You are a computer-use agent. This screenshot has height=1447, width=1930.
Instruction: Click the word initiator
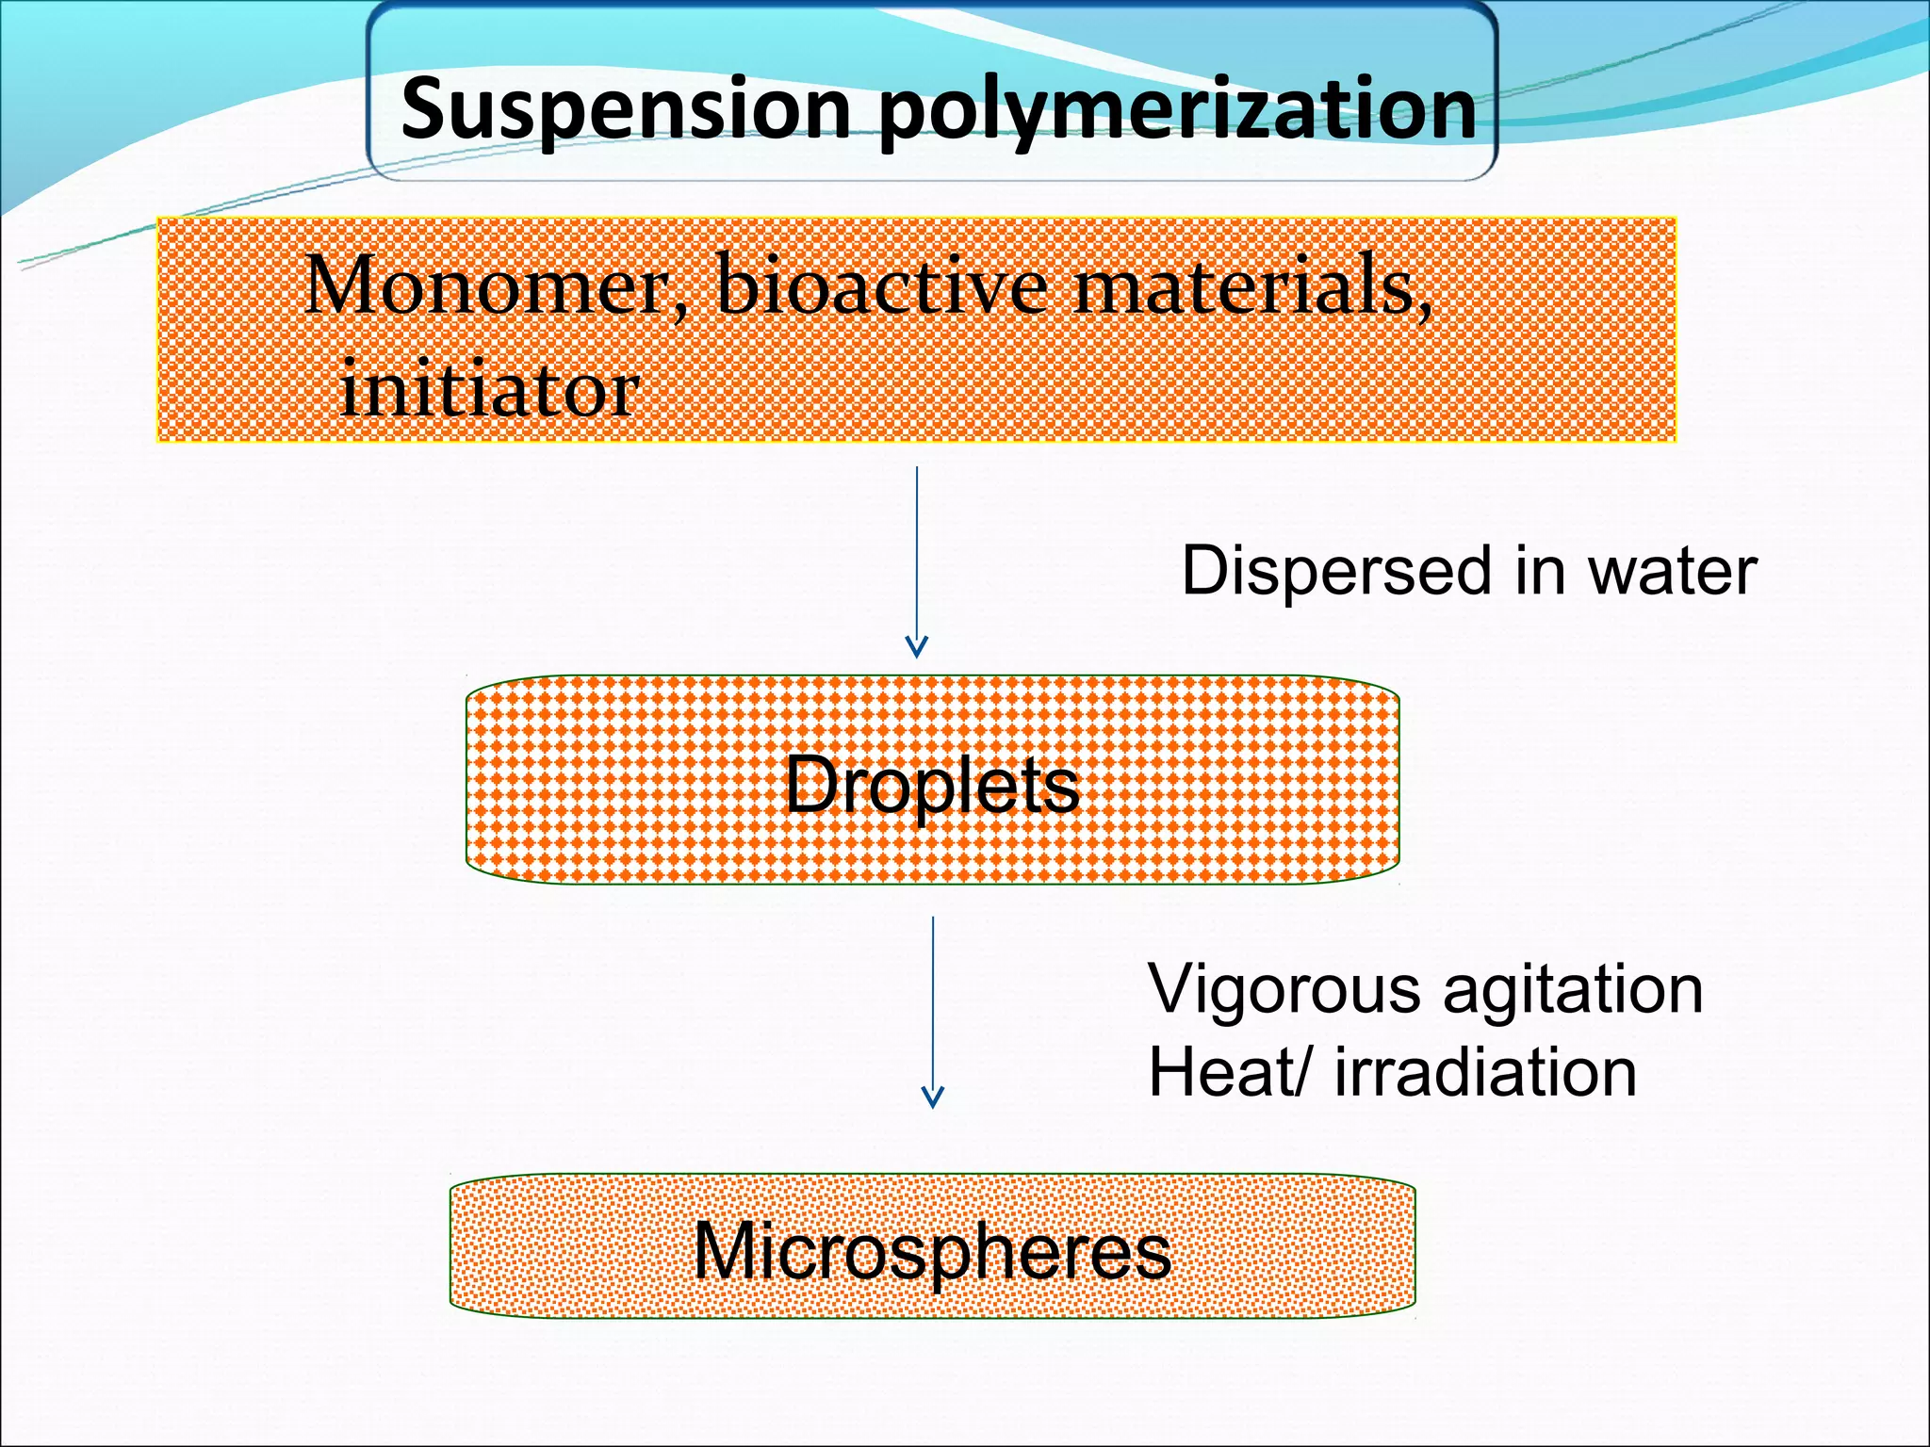tap(489, 390)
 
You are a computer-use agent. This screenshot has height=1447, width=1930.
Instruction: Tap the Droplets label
tap(931, 785)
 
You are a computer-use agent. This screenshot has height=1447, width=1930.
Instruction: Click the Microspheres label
tap(931, 1251)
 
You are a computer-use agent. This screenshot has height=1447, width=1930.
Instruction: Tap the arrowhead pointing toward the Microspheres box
tap(933, 1098)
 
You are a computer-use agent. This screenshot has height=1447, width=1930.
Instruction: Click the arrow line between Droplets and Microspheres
tap(933, 999)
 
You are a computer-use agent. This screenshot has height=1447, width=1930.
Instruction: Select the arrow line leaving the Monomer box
tap(917, 546)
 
